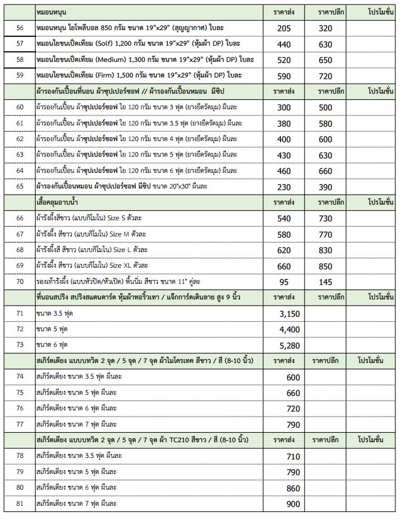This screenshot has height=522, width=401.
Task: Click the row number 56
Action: (x=20, y=28)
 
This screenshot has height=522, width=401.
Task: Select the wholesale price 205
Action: (x=284, y=28)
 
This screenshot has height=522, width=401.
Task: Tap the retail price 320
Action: (x=325, y=28)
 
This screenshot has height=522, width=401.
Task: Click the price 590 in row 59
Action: (x=284, y=76)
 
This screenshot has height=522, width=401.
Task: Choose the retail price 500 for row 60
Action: (x=325, y=108)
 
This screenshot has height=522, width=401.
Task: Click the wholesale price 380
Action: (x=284, y=123)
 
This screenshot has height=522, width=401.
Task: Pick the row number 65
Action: (x=20, y=186)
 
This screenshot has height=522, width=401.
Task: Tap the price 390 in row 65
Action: (x=325, y=187)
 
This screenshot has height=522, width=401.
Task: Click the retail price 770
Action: (x=325, y=235)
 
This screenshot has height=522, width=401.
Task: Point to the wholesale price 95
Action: (x=284, y=282)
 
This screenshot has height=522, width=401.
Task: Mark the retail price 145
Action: (x=325, y=282)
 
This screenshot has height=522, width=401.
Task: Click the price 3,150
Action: (x=289, y=314)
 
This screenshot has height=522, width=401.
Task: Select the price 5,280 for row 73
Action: (x=289, y=346)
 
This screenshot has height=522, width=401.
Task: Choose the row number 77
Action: (x=20, y=424)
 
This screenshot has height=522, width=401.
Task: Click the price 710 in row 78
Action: (x=293, y=456)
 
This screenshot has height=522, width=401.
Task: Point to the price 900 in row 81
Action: (x=293, y=504)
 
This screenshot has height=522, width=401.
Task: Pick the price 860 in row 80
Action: (x=293, y=488)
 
